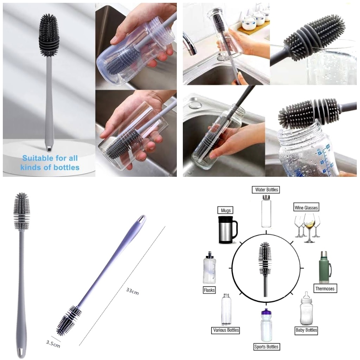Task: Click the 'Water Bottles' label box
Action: coord(266,189)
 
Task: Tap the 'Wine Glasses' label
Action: coord(306,208)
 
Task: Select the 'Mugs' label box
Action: coord(225,210)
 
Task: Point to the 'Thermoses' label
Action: coord(324,289)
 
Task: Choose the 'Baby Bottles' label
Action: coord(306,330)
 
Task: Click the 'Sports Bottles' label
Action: coord(266,347)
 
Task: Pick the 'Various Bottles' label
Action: coord(226,330)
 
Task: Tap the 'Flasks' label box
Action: coord(209,290)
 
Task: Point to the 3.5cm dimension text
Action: coord(53,344)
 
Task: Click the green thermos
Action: coord(325,267)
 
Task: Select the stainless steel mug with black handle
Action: coord(227,230)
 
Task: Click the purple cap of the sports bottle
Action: coord(266,312)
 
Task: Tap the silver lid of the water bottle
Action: coord(266,197)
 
